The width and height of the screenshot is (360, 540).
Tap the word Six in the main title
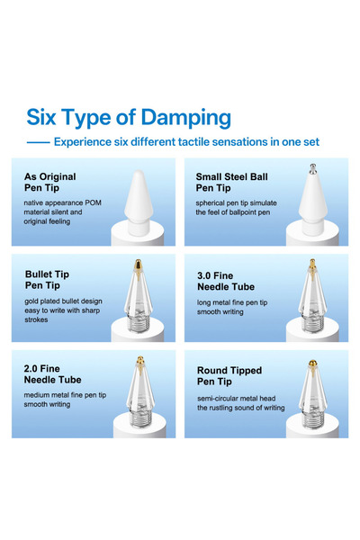pyautogui.click(x=41, y=117)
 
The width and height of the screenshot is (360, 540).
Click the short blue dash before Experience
pyautogui.click(x=38, y=142)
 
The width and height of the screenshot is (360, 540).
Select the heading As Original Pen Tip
pyautogui.click(x=50, y=182)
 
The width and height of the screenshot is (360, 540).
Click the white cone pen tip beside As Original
pyautogui.click(x=139, y=200)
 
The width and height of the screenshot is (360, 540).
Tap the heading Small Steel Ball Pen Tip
pyautogui.click(x=231, y=182)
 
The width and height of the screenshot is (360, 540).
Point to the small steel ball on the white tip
pyautogui.click(x=312, y=168)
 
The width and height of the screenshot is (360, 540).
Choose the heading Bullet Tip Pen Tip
pyautogui.click(x=47, y=280)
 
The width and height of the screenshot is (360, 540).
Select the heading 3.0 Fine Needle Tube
pyautogui.click(x=226, y=281)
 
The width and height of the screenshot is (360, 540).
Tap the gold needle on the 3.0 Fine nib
pyautogui.click(x=312, y=267)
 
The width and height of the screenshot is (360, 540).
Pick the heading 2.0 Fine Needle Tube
pyautogui.click(x=52, y=374)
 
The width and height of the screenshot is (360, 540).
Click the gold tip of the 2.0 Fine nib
pyautogui.click(x=139, y=363)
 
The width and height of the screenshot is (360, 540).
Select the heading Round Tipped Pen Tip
pyautogui.click(x=229, y=375)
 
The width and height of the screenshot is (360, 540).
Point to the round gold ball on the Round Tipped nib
pyautogui.click(x=312, y=364)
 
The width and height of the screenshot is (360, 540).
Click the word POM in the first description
pyautogui.click(x=93, y=202)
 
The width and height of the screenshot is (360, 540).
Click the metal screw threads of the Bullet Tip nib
pyautogui.click(x=139, y=323)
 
